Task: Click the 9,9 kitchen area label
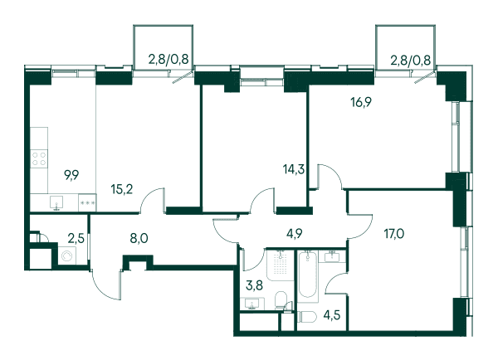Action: click(x=71, y=175)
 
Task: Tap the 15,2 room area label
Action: click(x=122, y=189)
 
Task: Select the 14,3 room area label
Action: click(x=294, y=169)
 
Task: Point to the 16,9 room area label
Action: click(x=361, y=102)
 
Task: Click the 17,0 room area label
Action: click(x=393, y=234)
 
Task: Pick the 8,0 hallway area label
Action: click(x=139, y=238)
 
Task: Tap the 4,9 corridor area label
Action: click(x=294, y=234)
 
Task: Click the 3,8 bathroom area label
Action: click(x=255, y=285)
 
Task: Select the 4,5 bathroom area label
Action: click(x=332, y=315)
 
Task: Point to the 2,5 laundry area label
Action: click(x=76, y=238)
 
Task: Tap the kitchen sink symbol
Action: click(x=56, y=202)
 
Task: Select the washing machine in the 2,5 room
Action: click(x=67, y=255)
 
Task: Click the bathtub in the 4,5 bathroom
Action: click(x=307, y=275)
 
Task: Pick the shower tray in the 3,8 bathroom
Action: click(x=280, y=265)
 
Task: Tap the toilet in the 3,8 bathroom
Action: click(x=281, y=299)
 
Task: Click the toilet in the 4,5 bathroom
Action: click(x=307, y=317)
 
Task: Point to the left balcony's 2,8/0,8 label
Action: click(x=168, y=59)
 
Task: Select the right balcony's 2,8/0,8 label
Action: click(x=410, y=60)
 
